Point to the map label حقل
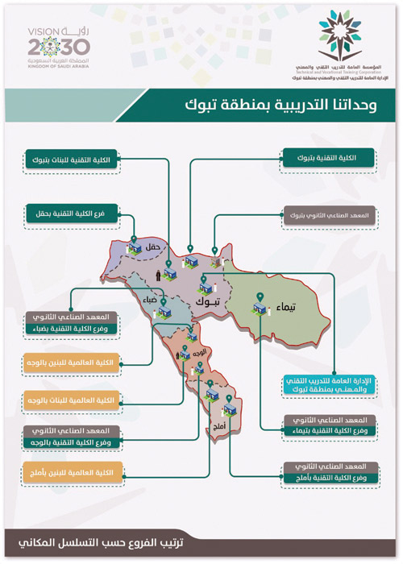[x=155, y=245]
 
